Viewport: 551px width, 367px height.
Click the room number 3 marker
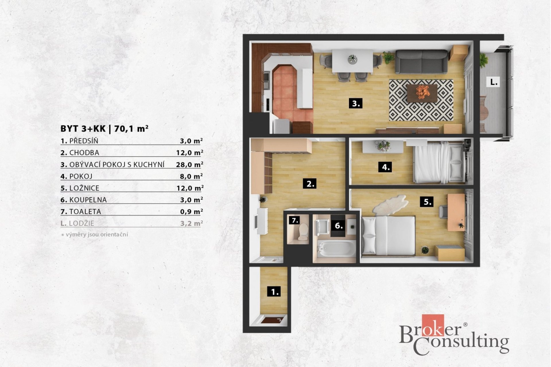[356, 104]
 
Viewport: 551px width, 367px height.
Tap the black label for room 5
[427, 202]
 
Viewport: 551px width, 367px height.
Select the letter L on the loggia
[494, 82]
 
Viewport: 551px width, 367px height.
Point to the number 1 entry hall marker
[274, 292]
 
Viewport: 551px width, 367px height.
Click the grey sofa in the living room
[421, 62]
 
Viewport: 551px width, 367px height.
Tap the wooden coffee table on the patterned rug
[422, 93]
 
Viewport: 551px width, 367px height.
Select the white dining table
[353, 61]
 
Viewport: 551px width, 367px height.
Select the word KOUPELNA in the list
[88, 200]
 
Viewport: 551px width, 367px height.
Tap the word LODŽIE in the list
[82, 223]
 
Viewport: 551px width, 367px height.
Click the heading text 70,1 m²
[131, 128]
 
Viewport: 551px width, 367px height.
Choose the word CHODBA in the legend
[84, 153]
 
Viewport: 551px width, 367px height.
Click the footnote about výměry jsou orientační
[94, 235]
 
